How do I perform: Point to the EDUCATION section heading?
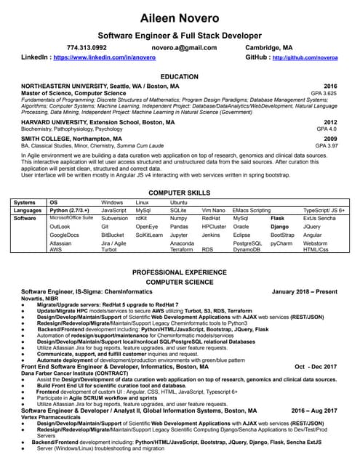[180, 76]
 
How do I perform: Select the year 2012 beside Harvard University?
[330, 122]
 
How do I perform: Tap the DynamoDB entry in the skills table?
[247, 249]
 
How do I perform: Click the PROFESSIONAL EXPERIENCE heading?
[180, 271]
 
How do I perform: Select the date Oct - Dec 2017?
[315, 347]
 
